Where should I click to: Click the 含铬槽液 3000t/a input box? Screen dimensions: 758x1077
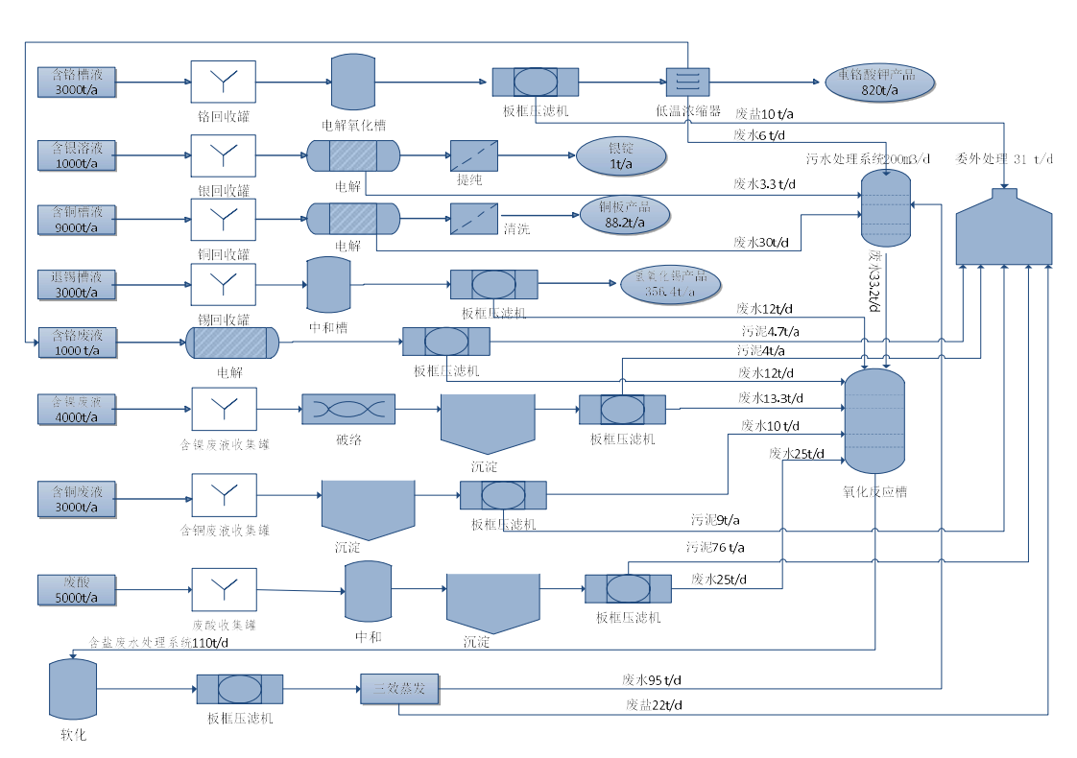(x=77, y=82)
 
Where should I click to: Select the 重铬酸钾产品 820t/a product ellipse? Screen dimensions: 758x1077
(x=878, y=83)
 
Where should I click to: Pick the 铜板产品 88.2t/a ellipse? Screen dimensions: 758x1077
(x=625, y=216)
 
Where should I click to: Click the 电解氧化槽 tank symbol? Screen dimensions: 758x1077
(x=352, y=82)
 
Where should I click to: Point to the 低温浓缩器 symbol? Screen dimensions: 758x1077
(x=687, y=81)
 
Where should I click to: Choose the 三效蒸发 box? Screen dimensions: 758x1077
(x=398, y=689)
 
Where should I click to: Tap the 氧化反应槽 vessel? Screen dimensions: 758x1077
(x=874, y=420)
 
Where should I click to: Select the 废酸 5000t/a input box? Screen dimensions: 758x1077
(x=77, y=589)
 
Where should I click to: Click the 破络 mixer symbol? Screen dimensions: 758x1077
(x=348, y=409)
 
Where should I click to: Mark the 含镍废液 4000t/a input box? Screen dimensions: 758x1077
(x=77, y=409)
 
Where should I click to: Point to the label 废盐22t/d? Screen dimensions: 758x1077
(x=656, y=705)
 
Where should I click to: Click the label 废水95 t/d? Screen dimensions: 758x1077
(x=652, y=679)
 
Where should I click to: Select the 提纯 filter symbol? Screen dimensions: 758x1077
(x=474, y=155)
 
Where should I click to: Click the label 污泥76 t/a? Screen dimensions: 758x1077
(x=714, y=548)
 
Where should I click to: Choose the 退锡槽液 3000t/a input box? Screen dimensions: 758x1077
(x=77, y=284)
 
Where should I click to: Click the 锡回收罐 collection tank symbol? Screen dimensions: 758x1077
(x=223, y=284)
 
